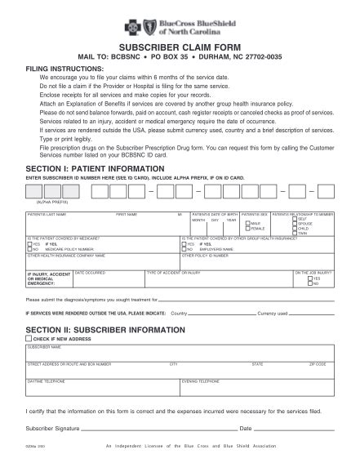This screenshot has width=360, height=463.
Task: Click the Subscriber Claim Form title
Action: pyautogui.click(x=180, y=49)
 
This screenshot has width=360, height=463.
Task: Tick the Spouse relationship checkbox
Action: pyautogui.click(x=295, y=223)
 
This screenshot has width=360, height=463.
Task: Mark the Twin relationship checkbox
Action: pyautogui.click(x=295, y=234)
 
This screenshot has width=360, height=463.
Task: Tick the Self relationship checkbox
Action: pyautogui.click(x=295, y=218)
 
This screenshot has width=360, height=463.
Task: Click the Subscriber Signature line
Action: pyautogui.click(x=155, y=427)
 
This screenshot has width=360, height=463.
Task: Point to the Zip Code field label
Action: pyautogui.click(x=318, y=363)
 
